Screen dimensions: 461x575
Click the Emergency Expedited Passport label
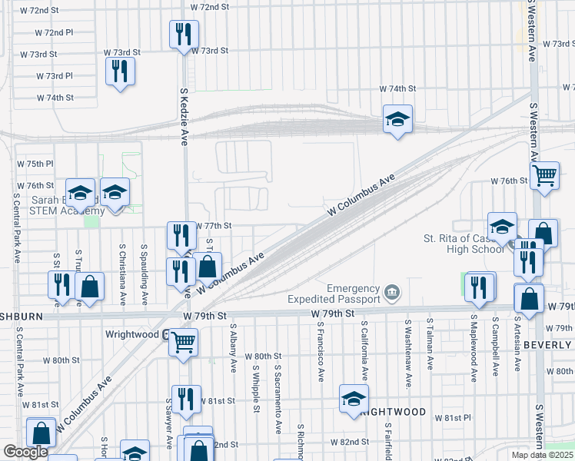[334, 293]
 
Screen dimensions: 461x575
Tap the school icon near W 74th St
[397, 119]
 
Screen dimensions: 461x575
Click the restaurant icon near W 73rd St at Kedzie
[183, 34]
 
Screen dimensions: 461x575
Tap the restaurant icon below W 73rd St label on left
[120, 71]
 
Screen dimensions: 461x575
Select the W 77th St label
[214, 227]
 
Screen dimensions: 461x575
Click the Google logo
[25, 452]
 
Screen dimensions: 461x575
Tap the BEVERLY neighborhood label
[547, 345]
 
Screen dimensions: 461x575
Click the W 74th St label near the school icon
[401, 89]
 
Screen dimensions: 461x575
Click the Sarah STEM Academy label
[68, 206]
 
